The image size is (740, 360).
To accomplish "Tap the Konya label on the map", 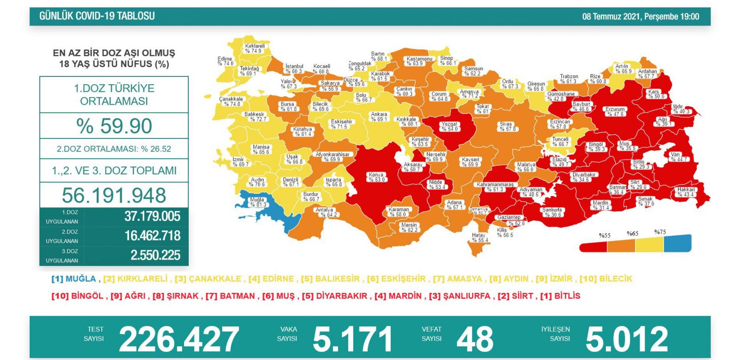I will (x=376, y=177).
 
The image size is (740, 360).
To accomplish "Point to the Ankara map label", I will (x=379, y=117).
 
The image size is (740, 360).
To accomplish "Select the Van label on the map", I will (x=676, y=157).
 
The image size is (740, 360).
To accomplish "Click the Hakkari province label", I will (x=686, y=192).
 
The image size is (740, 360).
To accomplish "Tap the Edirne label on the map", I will (x=225, y=61).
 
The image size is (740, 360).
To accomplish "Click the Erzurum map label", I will (x=615, y=112).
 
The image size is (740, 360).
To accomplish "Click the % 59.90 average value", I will (x=114, y=126).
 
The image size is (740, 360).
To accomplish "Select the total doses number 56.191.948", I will (x=114, y=195).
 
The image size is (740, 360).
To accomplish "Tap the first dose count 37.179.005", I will (x=152, y=217).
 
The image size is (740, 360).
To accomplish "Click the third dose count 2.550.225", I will (x=155, y=255).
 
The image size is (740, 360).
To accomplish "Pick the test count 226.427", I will (x=179, y=339).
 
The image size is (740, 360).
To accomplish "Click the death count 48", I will (x=475, y=339).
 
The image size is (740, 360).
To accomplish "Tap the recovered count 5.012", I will (x=627, y=339).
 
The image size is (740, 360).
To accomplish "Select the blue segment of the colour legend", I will (x=678, y=243).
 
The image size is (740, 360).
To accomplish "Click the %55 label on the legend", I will (x=604, y=236).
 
